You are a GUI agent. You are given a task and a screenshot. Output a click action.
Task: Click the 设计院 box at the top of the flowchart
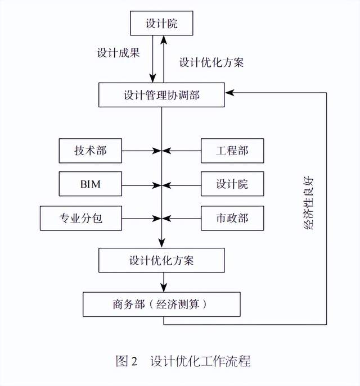pyautogui.click(x=162, y=24)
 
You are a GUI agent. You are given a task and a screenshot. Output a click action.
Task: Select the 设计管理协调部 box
pyautogui.click(x=161, y=94)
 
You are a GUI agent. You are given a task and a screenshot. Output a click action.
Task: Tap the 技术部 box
pyautogui.click(x=90, y=151)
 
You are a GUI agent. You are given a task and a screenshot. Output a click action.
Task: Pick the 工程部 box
pyautogui.click(x=232, y=151)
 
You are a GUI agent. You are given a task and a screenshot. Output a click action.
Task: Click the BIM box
pyautogui.click(x=90, y=184)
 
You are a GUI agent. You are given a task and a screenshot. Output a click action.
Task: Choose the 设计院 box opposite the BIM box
pyautogui.click(x=232, y=184)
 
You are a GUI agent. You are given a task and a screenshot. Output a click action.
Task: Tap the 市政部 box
pyautogui.click(x=232, y=218)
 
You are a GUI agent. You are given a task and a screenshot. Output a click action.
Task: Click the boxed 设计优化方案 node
pyautogui.click(x=161, y=261)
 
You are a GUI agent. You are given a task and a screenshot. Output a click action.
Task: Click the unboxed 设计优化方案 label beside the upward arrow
pyautogui.click(x=211, y=62)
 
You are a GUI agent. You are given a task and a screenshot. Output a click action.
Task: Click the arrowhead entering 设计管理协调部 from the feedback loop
pyautogui.click(x=228, y=92)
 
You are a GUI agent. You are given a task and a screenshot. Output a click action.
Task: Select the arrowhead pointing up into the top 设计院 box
pyautogui.click(x=165, y=39)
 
